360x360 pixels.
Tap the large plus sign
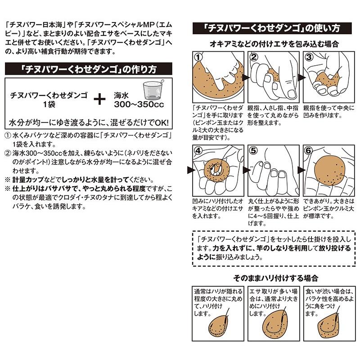99,99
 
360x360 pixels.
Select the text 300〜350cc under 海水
139,104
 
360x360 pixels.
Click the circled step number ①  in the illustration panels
198,57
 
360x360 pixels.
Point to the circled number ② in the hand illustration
254,57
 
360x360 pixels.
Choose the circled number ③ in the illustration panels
309,57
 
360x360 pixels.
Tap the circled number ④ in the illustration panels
198,151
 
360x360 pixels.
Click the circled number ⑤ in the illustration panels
254,151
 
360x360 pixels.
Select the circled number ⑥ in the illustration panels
309,151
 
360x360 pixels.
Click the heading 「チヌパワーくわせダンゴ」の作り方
88,69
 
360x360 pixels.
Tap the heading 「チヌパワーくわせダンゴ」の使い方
272,28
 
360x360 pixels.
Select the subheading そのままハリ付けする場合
275,278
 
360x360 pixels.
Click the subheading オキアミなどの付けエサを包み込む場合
274,44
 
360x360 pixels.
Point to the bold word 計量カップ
28,180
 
